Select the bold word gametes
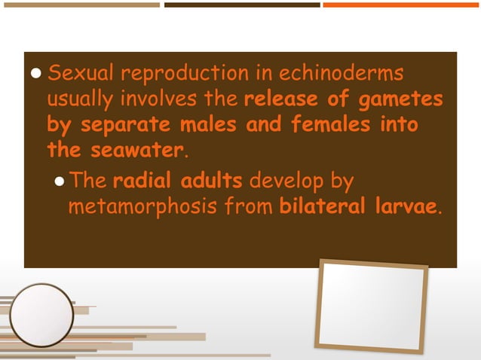(403, 99)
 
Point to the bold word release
(279, 99)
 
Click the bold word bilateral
(323, 206)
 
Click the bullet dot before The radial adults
(60, 182)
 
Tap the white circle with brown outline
(41, 315)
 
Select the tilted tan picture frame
(371, 305)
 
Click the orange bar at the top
(401, 5)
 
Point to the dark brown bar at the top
(242, 5)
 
